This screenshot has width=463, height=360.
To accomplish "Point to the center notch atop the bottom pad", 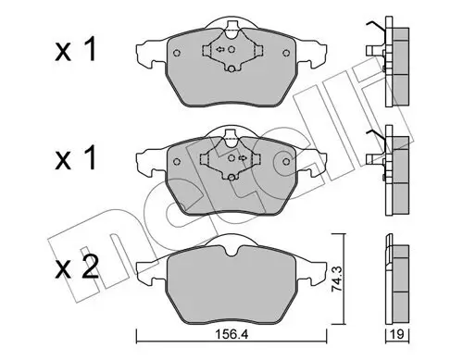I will [x=226, y=242].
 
